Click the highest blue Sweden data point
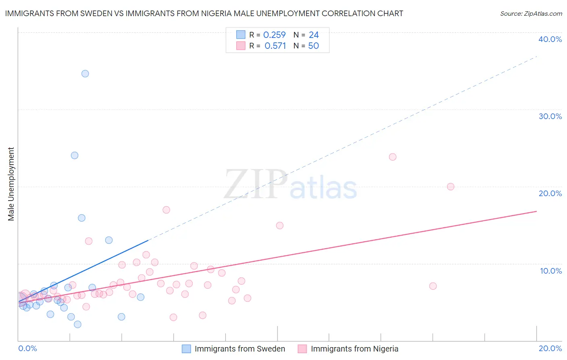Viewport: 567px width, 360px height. pos(85,73)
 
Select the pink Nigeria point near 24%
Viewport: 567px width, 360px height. pos(393,157)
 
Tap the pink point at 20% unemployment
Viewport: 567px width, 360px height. pos(450,186)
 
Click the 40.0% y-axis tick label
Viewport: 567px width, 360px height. pos(550,39)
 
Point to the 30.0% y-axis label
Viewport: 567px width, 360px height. pos(550,116)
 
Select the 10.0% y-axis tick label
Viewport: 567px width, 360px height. pos(551,271)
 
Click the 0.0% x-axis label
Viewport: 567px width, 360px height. pos(28,348)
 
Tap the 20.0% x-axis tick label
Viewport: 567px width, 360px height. pos(550,348)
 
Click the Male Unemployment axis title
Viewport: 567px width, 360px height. pos(11,184)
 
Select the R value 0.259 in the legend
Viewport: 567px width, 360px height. pos(274,35)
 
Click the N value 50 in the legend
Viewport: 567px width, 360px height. pos(313,46)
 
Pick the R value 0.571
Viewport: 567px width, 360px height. pos(275,46)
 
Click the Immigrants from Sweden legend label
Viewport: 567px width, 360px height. pos(240,349)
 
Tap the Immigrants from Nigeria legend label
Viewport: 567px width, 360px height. pos(354,349)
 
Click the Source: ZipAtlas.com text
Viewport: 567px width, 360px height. pos(531,14)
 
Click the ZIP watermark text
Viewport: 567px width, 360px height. pos(256,184)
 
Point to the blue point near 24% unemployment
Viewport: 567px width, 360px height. pos(75,155)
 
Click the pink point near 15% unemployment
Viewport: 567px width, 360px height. pos(280,226)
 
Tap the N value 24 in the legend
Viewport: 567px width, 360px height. pos(314,35)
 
